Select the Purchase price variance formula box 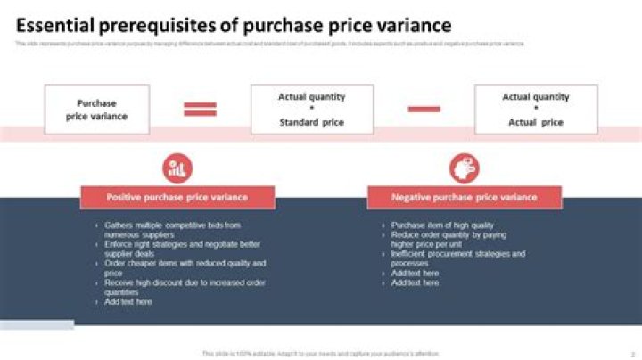97,110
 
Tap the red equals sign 200,109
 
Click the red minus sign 424,109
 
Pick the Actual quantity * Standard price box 311,110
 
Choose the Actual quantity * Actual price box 535,110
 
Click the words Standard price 311,122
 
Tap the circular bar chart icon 177,167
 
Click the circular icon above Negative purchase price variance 464,167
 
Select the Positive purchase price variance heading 177,197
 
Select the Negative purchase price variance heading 464,197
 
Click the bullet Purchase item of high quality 442,225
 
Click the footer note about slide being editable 320,354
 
